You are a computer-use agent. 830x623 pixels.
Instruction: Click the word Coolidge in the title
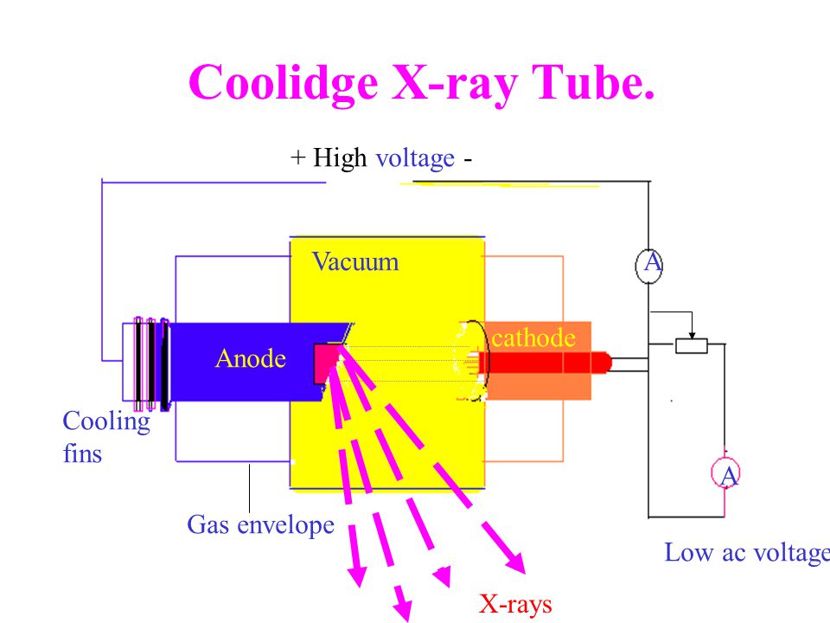[284, 83]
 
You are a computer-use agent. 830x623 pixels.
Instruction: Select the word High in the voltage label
[339, 157]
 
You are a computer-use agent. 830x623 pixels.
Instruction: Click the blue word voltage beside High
[415, 158]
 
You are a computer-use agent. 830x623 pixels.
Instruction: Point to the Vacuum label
[355, 261]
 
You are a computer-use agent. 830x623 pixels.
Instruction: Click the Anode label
[251, 358]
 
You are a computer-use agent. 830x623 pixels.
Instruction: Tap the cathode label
[533, 338]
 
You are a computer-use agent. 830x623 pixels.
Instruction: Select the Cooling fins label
[105, 437]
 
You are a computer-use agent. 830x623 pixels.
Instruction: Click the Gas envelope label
[260, 525]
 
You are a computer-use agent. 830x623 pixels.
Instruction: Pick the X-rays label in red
[515, 603]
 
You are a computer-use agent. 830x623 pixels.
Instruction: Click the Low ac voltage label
[747, 553]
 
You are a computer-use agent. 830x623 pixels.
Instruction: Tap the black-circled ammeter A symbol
[649, 264]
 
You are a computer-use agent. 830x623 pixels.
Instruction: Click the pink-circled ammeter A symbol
[725, 473]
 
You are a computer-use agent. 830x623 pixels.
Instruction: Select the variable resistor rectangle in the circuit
[692, 346]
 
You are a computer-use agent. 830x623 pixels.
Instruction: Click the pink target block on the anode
[327, 362]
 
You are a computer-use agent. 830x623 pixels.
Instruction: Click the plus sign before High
[298, 157]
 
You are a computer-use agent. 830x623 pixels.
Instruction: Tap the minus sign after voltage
[468, 159]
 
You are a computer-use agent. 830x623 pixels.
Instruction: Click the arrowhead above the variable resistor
[692, 336]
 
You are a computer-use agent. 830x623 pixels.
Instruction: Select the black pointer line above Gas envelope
[249, 488]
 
